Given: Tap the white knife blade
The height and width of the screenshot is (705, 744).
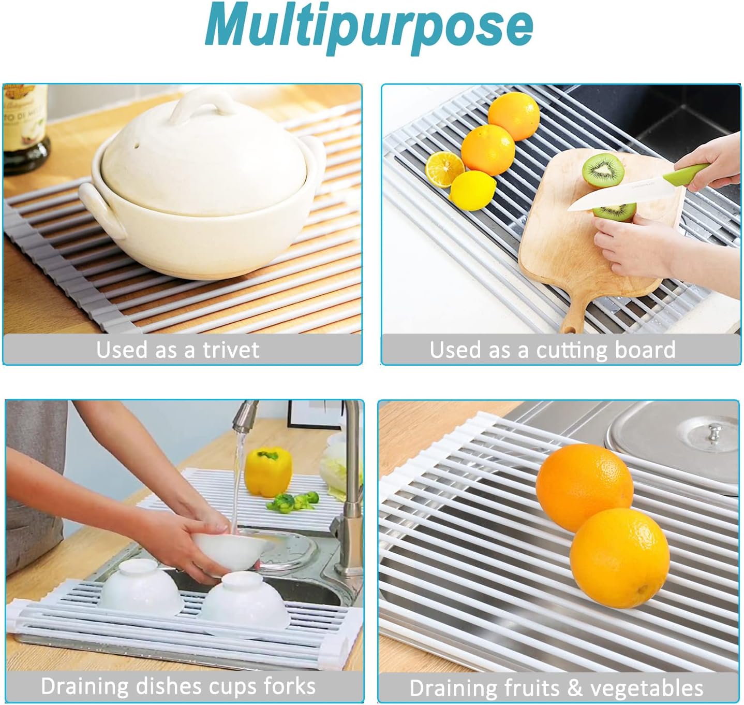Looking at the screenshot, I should coord(600,194).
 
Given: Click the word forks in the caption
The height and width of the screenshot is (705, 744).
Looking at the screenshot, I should coord(290,686).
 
